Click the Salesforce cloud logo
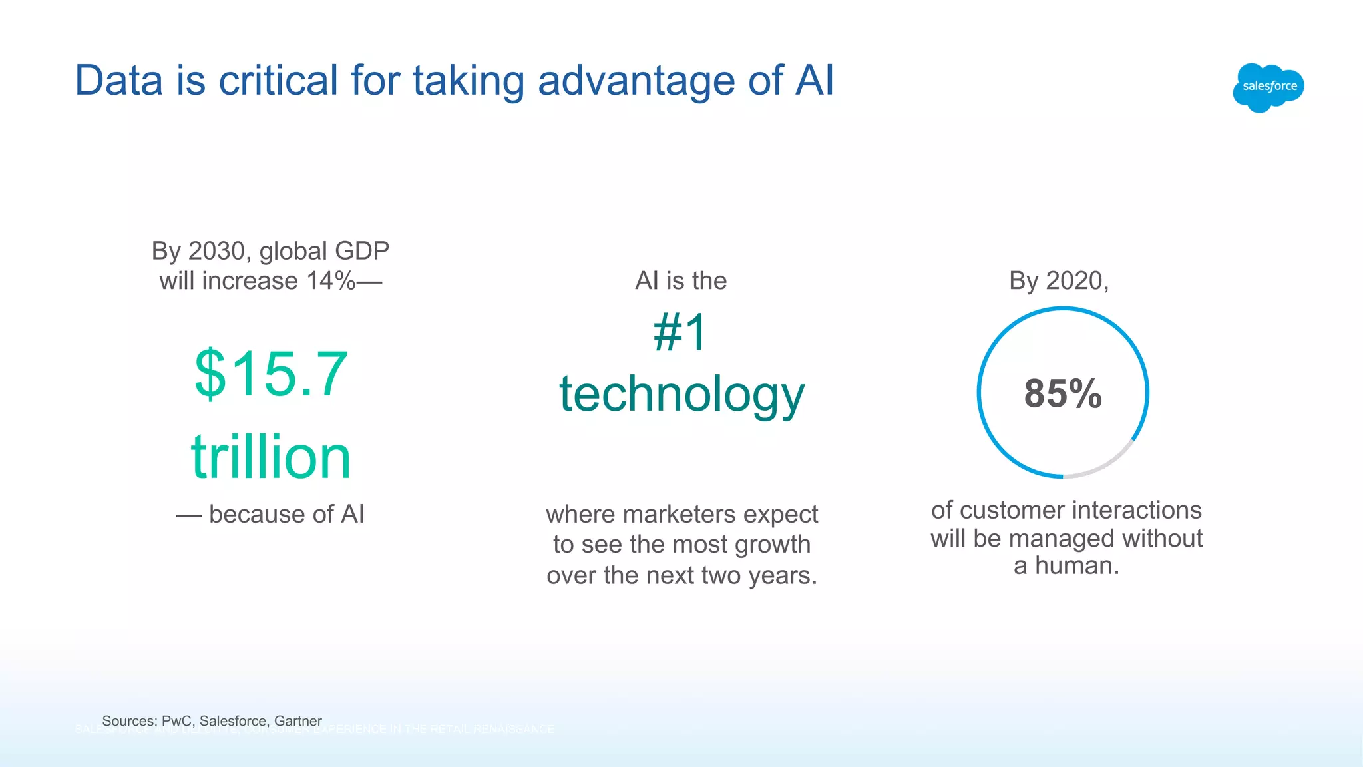pyautogui.click(x=1268, y=87)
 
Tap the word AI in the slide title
pyautogui.click(x=814, y=81)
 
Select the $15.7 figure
pyautogui.click(x=271, y=374)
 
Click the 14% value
pyautogui.click(x=330, y=281)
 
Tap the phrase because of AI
pyautogui.click(x=286, y=514)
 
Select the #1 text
pyautogui.click(x=680, y=332)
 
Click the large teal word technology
pyautogui.click(x=681, y=394)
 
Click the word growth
pyautogui.click(x=773, y=545)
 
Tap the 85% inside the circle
pyautogui.click(x=1063, y=393)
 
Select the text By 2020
pyautogui.click(x=1058, y=281)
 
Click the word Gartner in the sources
pyautogui.click(x=297, y=721)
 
